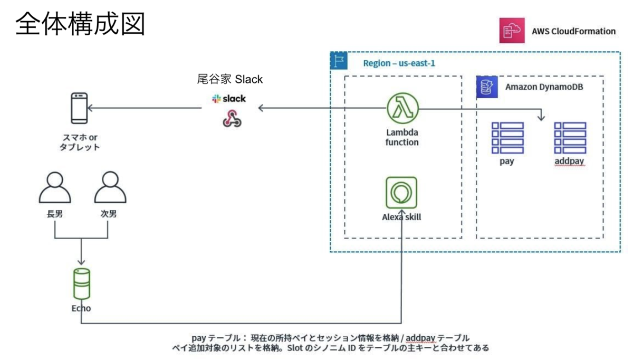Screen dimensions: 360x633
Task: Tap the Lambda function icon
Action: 402,108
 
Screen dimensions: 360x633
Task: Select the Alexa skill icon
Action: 401,193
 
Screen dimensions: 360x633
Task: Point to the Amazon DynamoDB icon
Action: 487,87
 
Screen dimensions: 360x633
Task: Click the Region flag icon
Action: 338,61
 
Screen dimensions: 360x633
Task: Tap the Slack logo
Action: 229,99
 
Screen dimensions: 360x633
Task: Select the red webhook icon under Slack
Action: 232,119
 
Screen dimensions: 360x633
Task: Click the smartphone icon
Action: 79,108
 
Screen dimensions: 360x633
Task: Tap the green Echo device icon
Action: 81,284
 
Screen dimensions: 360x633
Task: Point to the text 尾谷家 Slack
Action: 229,79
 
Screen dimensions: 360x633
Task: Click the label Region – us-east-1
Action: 399,63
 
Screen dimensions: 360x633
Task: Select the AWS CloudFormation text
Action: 573,31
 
